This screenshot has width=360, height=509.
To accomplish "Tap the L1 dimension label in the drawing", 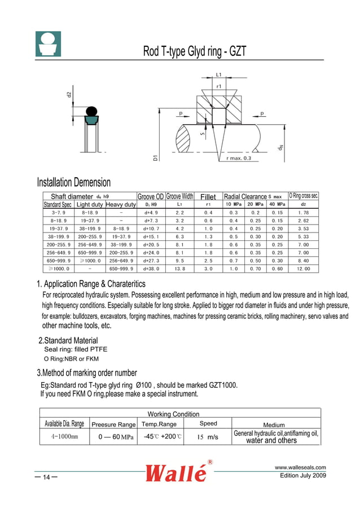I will [x=218, y=74].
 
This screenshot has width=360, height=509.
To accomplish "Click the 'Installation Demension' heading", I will [x=73, y=182].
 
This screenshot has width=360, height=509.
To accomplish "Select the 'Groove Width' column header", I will [x=179, y=196].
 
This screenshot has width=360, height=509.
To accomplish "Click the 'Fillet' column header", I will [x=208, y=197].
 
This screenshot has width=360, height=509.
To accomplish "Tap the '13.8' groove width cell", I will [x=179, y=269].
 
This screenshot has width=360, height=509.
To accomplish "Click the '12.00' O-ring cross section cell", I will [x=304, y=269].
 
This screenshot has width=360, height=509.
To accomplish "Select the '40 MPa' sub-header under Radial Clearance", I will [x=276, y=204].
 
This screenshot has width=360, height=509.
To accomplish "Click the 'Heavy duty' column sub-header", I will [x=121, y=204].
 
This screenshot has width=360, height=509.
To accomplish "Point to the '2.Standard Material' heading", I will [x=68, y=340].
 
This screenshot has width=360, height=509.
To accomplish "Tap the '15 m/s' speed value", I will [x=208, y=437].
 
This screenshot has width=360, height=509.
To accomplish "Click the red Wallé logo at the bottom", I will [x=177, y=472].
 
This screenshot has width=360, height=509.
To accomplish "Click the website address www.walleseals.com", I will [x=300, y=467].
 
